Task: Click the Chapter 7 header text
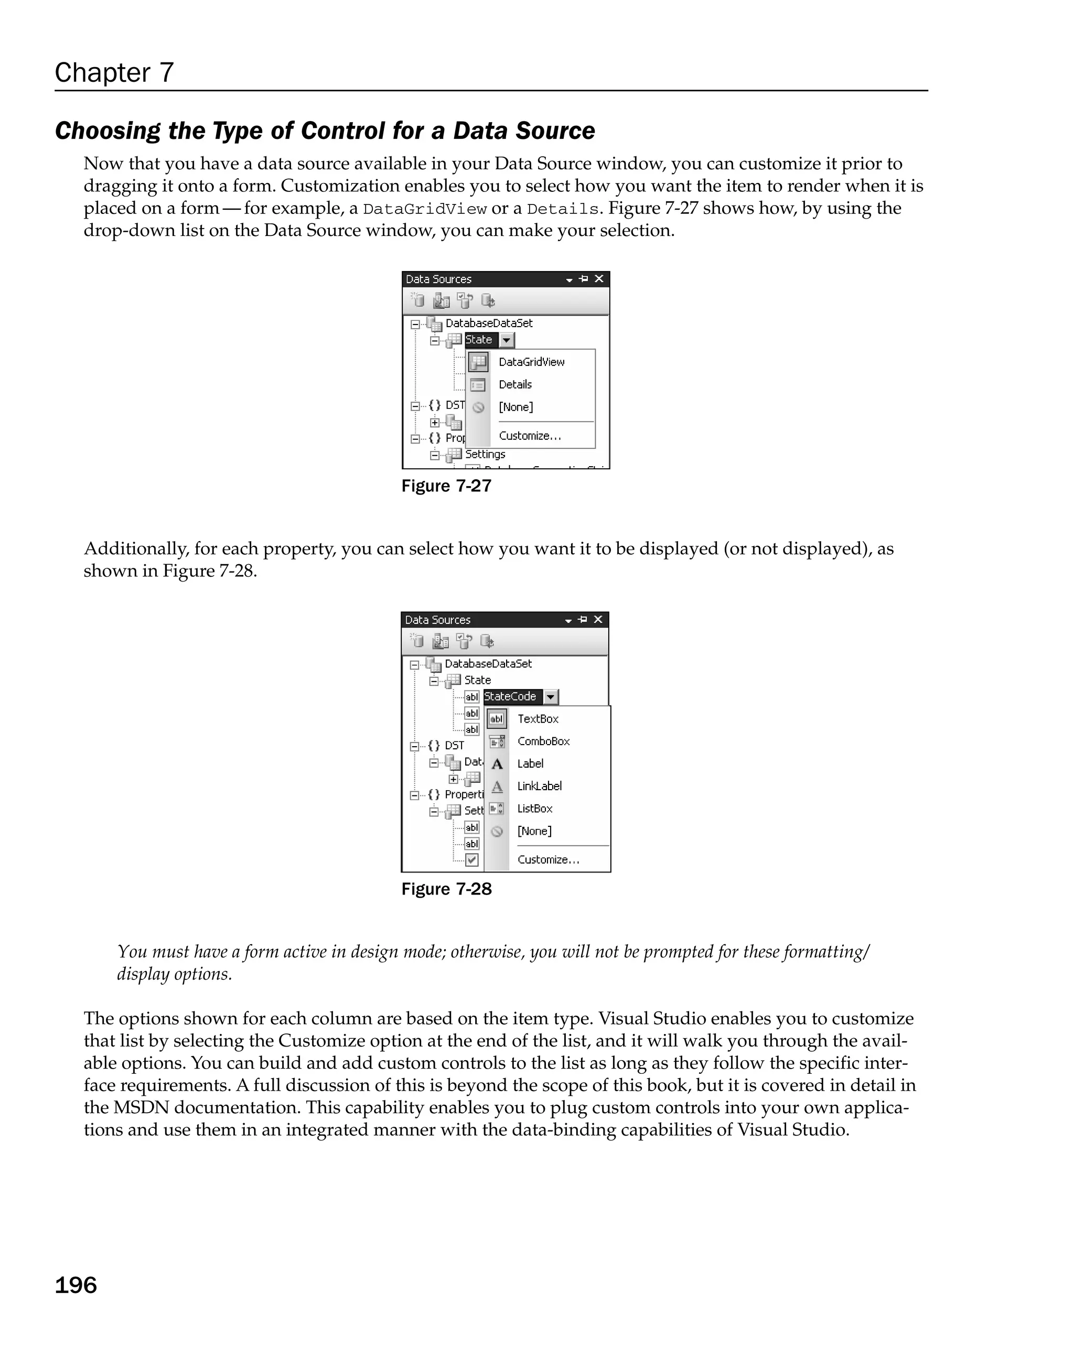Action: (x=114, y=72)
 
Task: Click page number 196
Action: (x=76, y=1285)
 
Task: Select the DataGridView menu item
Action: (x=531, y=362)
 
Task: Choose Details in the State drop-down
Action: (x=515, y=384)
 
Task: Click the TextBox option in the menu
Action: (x=538, y=718)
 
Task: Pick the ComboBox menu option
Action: (x=543, y=741)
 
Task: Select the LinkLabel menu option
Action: (x=539, y=786)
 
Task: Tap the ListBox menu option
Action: (x=535, y=809)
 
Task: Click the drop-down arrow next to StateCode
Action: (x=551, y=697)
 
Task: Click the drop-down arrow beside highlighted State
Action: (x=507, y=340)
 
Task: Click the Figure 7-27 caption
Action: (x=446, y=486)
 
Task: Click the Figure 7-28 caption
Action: (x=446, y=889)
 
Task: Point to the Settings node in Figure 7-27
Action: (x=485, y=454)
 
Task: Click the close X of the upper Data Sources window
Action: (x=598, y=278)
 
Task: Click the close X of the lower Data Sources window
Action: (x=598, y=619)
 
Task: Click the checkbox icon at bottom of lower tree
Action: (x=471, y=860)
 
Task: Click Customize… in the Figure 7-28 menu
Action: (x=548, y=860)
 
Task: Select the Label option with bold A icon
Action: (x=530, y=763)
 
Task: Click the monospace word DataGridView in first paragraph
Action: (x=424, y=209)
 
